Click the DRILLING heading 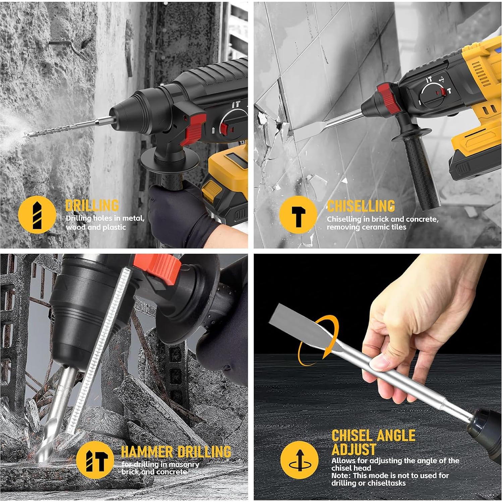coord(92,205)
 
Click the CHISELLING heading coord(361,206)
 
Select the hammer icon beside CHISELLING coord(298,215)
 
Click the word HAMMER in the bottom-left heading coord(147,452)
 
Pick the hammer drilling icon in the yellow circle coord(95,460)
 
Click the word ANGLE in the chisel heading coord(394,436)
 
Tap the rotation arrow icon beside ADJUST coord(299,460)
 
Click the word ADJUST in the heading coord(354,449)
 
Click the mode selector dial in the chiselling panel coord(434,95)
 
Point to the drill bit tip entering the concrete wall coord(27,134)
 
